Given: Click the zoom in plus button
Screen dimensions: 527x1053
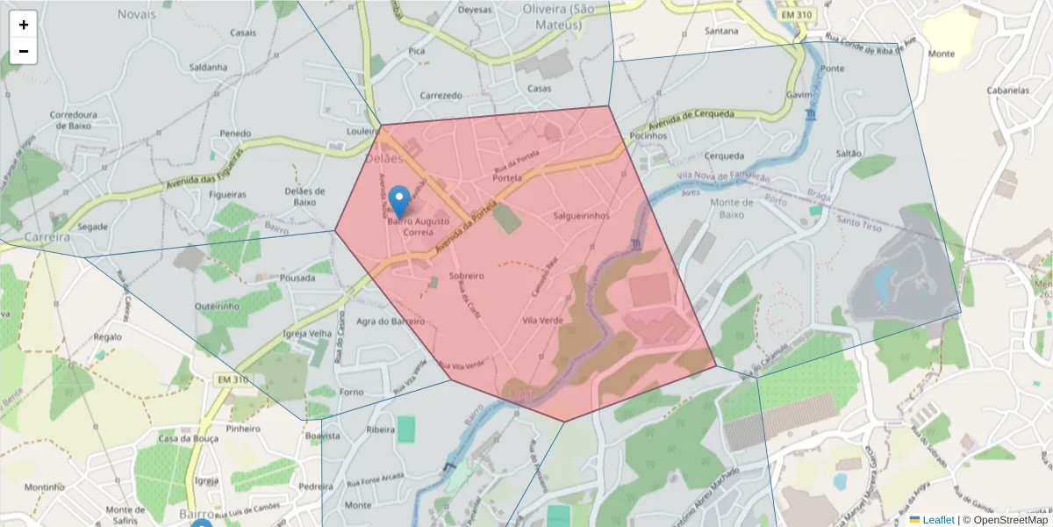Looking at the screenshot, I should click(x=24, y=25).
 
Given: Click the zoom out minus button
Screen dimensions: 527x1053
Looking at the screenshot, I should click(x=24, y=51).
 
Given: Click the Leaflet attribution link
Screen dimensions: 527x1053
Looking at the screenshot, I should click(x=937, y=520).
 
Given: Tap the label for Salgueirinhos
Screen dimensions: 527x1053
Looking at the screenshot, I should click(x=582, y=215).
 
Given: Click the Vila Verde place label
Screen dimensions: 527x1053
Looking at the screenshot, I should click(x=543, y=321).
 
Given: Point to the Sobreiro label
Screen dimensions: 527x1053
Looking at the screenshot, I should click(x=466, y=276).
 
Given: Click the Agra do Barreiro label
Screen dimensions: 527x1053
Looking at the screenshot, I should click(x=390, y=321).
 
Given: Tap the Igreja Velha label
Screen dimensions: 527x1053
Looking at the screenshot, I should click(x=307, y=334).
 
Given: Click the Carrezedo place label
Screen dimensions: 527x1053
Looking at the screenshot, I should click(x=441, y=95).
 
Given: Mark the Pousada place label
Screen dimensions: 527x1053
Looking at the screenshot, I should click(x=297, y=278).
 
